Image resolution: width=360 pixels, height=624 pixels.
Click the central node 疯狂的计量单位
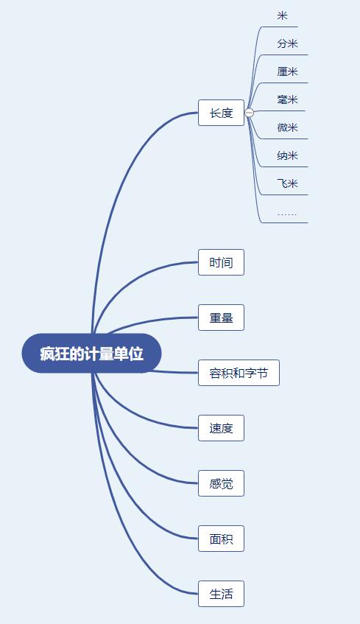tap(91, 354)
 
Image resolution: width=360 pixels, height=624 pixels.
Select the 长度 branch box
tap(221, 113)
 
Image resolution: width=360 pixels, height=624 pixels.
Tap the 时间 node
tap(221, 262)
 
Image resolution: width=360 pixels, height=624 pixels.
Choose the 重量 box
tap(221, 318)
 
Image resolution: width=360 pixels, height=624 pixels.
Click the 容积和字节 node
tap(239, 373)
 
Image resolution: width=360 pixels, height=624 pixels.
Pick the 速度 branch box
tap(221, 428)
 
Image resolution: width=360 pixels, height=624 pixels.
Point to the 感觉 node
tap(221, 483)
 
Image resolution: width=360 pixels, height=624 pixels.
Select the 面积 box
tap(221, 539)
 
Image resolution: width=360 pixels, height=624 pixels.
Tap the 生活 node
tap(221, 594)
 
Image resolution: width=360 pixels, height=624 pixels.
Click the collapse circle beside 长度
tap(250, 113)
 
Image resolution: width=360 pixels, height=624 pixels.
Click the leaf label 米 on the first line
tap(283, 16)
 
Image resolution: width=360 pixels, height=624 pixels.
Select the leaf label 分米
tap(287, 43)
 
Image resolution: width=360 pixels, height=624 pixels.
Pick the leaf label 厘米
tap(287, 71)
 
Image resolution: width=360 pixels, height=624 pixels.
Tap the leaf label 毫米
tap(287, 99)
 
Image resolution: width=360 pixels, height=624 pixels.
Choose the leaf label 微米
tap(287, 127)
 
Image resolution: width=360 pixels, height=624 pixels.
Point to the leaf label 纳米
tap(287, 155)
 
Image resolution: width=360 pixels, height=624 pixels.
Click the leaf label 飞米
tap(287, 183)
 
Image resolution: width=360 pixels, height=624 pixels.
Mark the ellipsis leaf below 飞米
tap(287, 214)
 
